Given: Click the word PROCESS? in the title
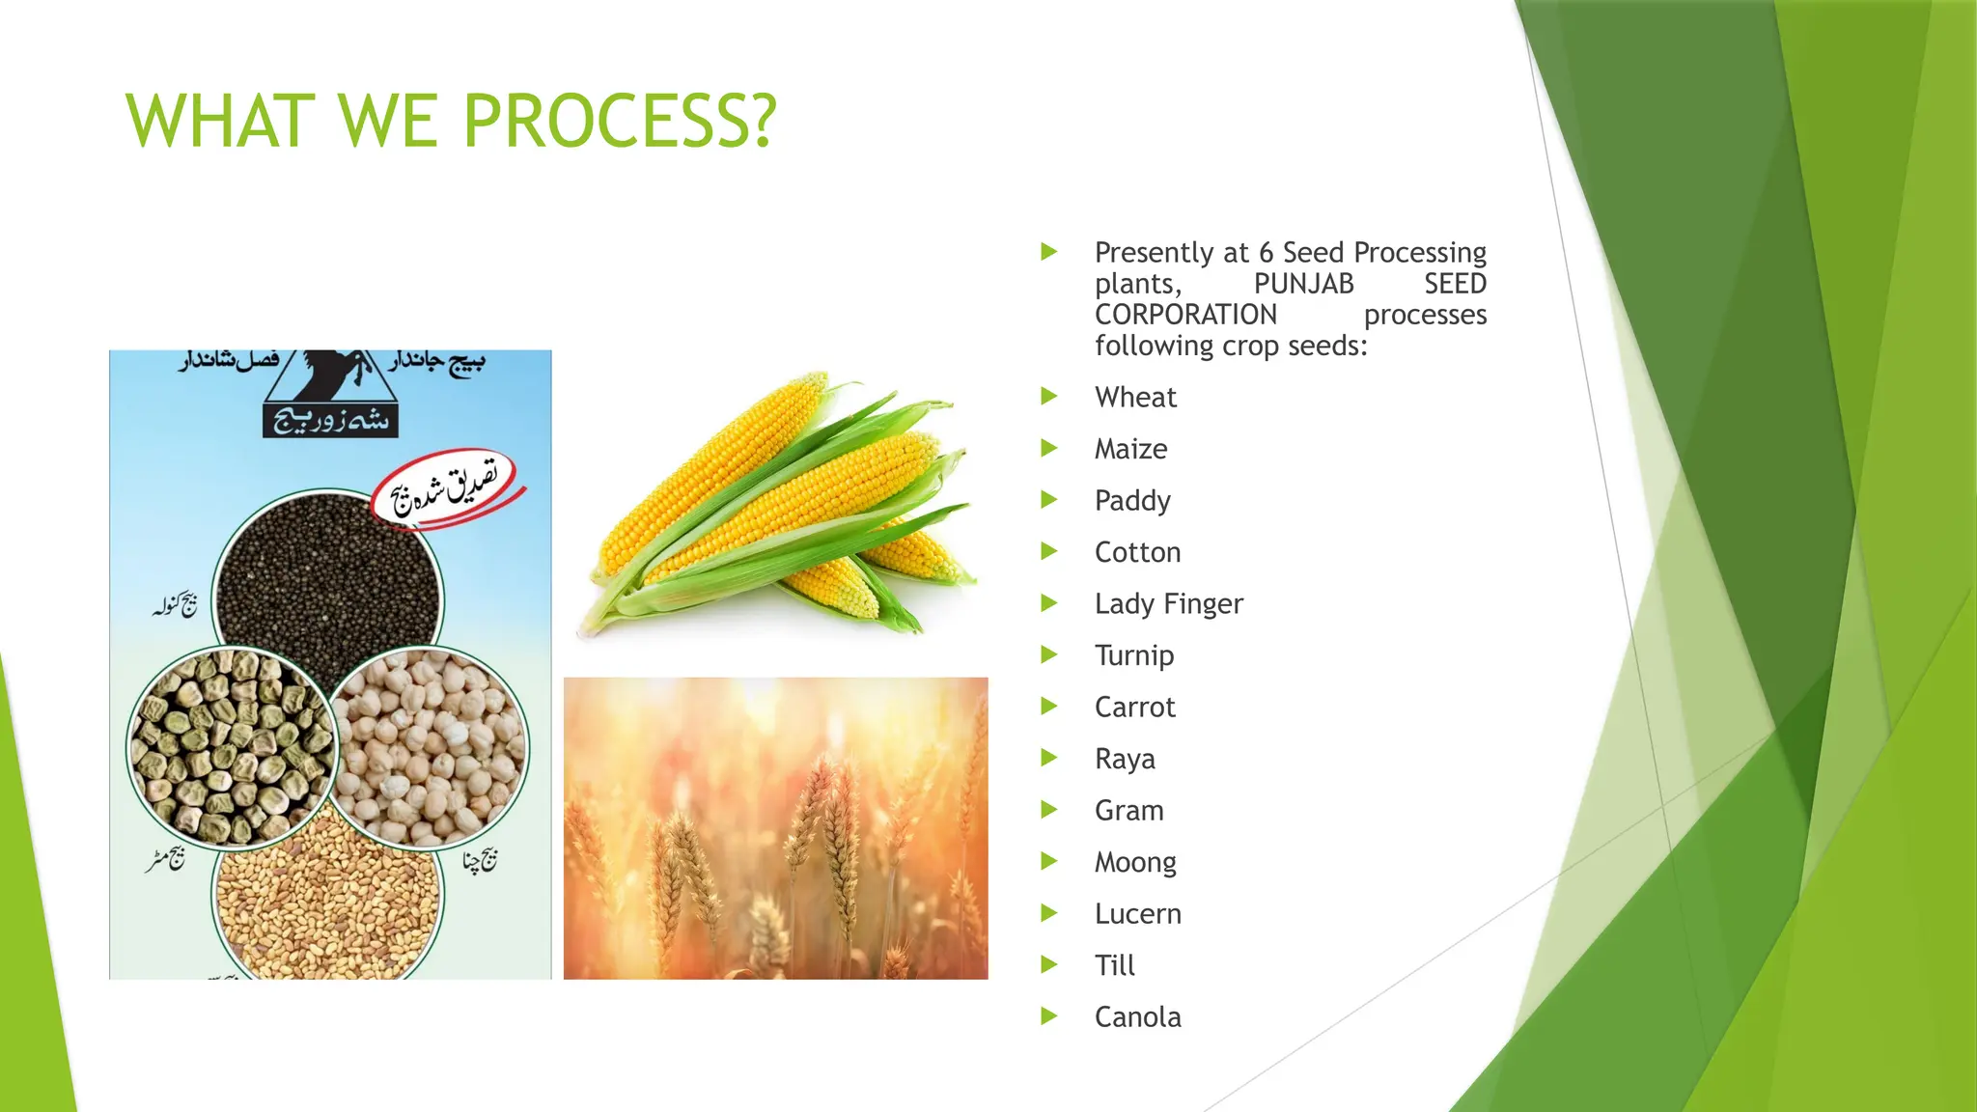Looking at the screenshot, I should pos(619,122).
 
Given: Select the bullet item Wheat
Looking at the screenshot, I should pos(1135,397).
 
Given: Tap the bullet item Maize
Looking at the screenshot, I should pos(1130,449).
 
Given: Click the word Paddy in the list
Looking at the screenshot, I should pos(1132,500).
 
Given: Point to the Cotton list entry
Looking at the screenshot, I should pos(1137,552).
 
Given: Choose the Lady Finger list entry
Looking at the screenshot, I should pos(1168,603).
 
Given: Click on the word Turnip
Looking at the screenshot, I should pos(1134,655).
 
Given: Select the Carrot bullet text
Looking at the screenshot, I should pos(1134,707).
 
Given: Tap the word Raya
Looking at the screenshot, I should pos(1125,759).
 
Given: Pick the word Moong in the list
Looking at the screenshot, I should pos(1135,862).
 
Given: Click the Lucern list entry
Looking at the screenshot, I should pos(1137,913).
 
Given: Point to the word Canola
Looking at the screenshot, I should pos(1137,1016).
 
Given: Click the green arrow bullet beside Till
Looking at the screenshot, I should pos(1049,964).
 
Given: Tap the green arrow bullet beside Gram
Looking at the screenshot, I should pos(1049,810).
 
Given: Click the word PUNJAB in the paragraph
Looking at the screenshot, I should pos(1303,284).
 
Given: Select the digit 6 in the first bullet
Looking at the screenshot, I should pos(1266,253).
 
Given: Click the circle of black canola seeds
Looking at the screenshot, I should pos(328,579).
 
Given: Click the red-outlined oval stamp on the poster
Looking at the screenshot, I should pos(446,487).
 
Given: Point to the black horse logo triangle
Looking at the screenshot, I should pos(329,378).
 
